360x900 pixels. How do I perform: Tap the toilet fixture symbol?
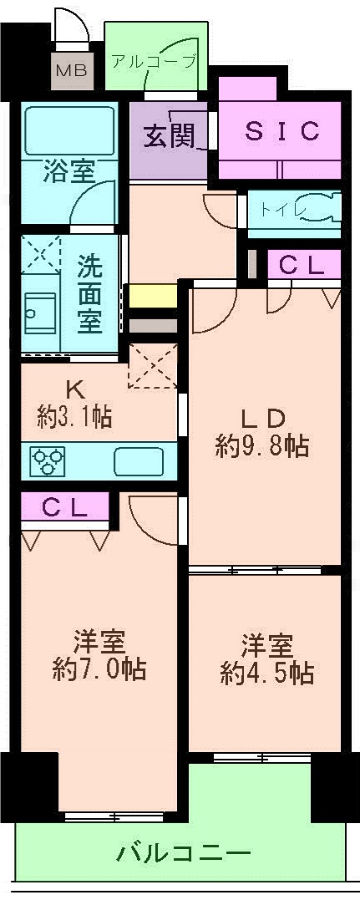(313, 209)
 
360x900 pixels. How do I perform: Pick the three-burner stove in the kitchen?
(48, 461)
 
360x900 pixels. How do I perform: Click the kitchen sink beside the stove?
(139, 460)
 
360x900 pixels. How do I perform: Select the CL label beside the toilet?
(302, 266)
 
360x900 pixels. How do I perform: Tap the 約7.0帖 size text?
(99, 669)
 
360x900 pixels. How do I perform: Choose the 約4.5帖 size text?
(267, 673)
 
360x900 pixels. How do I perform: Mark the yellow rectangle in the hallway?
(151, 296)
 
